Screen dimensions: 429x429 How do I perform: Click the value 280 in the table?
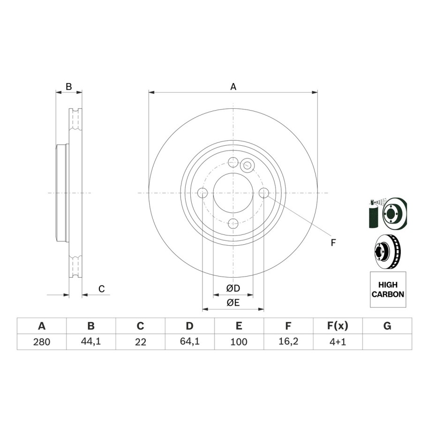click(x=42, y=342)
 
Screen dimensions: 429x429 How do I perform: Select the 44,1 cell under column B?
click(x=91, y=341)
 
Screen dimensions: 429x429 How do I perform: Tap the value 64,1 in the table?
click(x=189, y=341)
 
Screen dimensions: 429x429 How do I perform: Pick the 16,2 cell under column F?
click(x=288, y=341)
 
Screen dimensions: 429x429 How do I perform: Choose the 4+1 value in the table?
click(x=338, y=342)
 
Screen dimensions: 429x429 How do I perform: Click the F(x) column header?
click(x=338, y=326)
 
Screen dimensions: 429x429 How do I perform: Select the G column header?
click(x=387, y=326)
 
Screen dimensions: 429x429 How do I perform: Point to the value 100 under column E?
click(x=239, y=342)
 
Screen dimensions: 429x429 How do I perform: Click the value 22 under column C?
click(x=140, y=342)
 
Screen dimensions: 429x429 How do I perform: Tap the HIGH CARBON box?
click(x=388, y=289)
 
